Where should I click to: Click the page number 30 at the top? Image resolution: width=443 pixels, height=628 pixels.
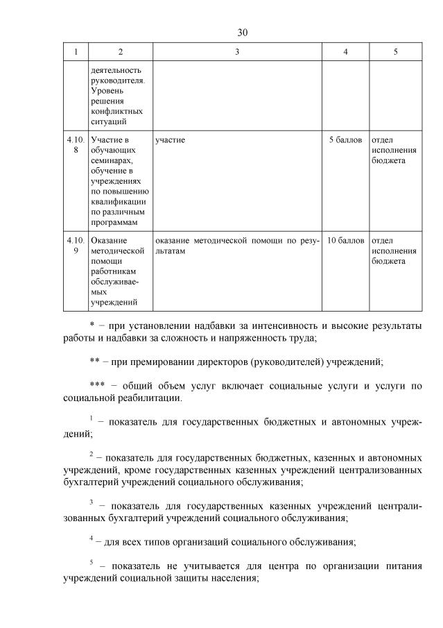(242, 32)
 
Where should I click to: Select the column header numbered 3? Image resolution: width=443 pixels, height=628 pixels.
(236, 52)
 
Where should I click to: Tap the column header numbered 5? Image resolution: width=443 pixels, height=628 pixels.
(395, 52)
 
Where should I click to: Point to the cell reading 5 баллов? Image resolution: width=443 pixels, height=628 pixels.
(345, 140)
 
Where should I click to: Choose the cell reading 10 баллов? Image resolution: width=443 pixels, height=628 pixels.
(345, 241)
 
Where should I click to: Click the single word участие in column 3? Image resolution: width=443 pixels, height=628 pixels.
(171, 140)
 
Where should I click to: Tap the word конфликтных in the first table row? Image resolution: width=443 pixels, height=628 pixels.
(116, 110)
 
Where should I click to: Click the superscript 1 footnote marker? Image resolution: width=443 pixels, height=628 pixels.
(91, 417)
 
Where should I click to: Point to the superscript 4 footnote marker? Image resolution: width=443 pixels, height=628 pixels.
(91, 537)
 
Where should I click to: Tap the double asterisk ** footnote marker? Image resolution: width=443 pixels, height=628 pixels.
(95, 362)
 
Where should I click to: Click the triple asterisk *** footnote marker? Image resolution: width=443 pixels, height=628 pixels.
(98, 386)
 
